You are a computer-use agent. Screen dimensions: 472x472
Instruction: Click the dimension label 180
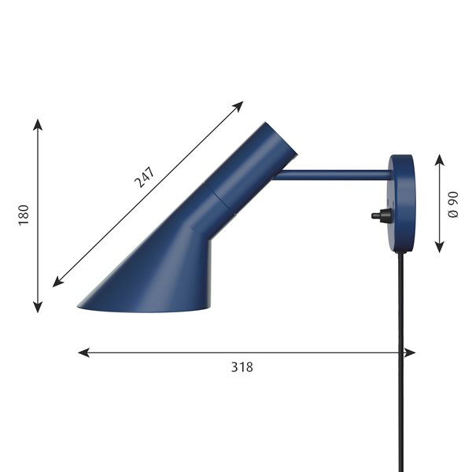click(24, 215)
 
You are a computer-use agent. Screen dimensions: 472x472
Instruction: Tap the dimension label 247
click(145, 177)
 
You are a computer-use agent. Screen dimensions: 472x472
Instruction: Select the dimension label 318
click(242, 367)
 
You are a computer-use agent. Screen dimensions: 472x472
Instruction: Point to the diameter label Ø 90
click(453, 205)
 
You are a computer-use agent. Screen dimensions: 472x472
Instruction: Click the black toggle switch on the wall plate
click(382, 216)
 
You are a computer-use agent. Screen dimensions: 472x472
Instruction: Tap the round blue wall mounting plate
click(402, 203)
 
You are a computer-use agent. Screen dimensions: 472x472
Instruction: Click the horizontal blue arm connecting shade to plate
click(333, 175)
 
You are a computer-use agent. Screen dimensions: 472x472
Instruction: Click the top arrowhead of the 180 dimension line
click(38, 124)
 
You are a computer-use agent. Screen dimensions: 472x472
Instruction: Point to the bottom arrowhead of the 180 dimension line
click(38, 307)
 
